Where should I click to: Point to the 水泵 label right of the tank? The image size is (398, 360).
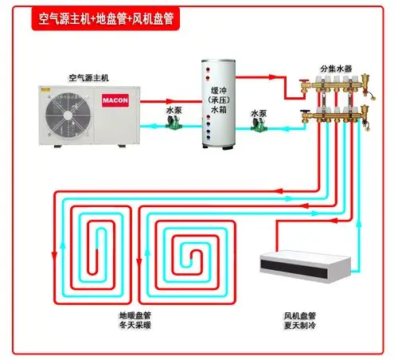(259, 113)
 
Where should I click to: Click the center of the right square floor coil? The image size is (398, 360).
(190, 252)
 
